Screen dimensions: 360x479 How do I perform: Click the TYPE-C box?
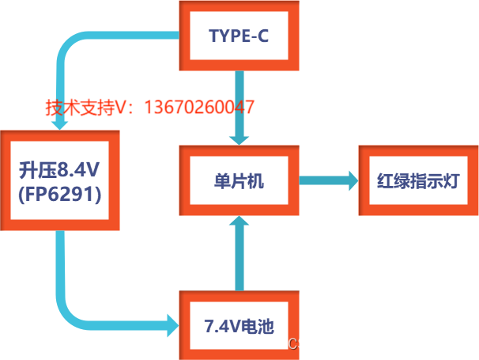pyautogui.click(x=239, y=36)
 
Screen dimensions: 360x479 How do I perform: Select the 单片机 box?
pyautogui.click(x=239, y=180)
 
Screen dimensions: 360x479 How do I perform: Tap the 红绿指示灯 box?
pyautogui.click(x=417, y=180)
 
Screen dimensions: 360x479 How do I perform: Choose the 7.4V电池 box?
pyautogui.click(x=239, y=324)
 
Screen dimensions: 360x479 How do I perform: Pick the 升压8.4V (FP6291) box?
pyautogui.click(x=60, y=180)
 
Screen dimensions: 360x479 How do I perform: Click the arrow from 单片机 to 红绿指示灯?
pyautogui.click(x=328, y=180)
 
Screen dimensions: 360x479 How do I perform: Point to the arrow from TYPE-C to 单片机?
pyautogui.click(x=239, y=107)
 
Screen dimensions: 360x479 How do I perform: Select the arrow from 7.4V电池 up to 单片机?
pyautogui.click(x=239, y=253)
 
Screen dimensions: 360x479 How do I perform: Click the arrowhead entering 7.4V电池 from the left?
pyautogui.click(x=172, y=323)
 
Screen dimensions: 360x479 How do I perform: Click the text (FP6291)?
pyautogui.click(x=60, y=193)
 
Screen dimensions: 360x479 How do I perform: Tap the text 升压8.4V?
pyautogui.click(x=60, y=169)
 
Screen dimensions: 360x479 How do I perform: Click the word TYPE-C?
pyautogui.click(x=239, y=36)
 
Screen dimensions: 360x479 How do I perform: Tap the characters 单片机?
pyautogui.click(x=239, y=180)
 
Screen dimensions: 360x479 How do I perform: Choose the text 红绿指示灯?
pyautogui.click(x=417, y=180)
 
